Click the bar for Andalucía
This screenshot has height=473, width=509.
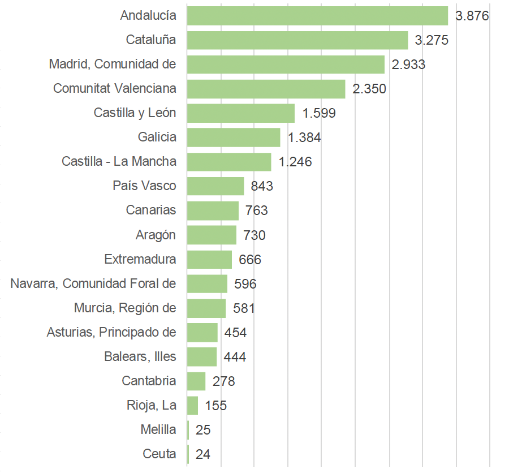point(317,16)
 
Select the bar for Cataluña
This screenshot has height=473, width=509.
point(297,40)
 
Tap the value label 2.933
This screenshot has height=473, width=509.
point(408,64)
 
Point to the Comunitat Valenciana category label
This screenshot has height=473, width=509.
point(114,89)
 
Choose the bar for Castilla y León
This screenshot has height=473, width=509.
point(240,113)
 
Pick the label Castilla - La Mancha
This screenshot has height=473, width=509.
point(119,162)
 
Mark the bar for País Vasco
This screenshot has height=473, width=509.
point(215,186)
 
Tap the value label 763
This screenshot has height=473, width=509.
point(256,210)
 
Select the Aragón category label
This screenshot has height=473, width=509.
point(156,235)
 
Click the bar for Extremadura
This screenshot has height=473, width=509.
point(209,260)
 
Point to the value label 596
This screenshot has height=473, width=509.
point(245,284)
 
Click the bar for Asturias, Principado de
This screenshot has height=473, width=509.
point(202,333)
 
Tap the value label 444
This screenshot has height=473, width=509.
point(235,357)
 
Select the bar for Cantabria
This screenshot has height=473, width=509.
point(196,381)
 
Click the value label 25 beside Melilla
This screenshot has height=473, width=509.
point(203,430)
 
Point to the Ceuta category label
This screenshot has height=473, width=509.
point(159,454)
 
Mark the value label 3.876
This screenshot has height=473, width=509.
point(472,16)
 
